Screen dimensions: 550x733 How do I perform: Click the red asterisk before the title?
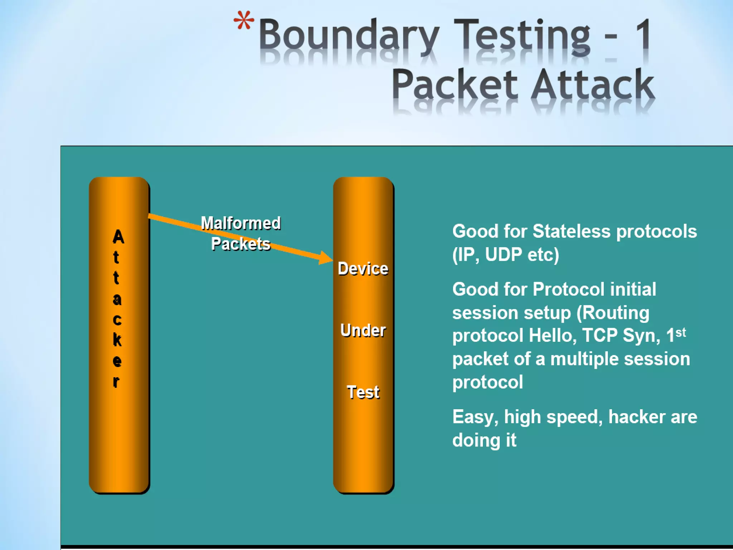point(244,20)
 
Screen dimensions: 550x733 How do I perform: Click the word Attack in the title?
point(593,85)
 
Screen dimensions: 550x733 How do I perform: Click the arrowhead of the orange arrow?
point(326,257)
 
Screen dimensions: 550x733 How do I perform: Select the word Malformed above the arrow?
point(241,223)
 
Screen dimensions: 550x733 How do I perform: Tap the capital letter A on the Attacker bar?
point(118,237)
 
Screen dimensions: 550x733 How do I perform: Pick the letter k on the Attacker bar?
point(117,339)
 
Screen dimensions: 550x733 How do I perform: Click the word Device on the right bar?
point(363,269)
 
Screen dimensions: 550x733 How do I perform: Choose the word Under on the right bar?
point(363,330)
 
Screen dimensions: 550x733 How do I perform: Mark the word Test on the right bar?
point(363,392)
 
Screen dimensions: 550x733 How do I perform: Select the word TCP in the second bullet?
point(600,336)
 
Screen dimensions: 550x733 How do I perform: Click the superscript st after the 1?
point(681,332)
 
